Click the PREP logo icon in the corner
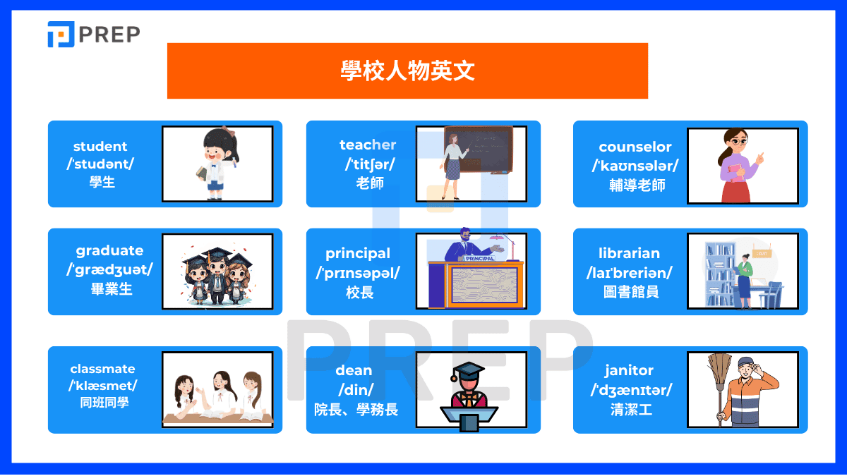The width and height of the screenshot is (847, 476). tap(61, 35)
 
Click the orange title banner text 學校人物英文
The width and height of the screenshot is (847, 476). tap(407, 71)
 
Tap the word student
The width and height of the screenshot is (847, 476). tap(100, 147)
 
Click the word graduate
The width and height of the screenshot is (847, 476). tap(109, 250)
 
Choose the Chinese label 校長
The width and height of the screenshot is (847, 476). tap(360, 292)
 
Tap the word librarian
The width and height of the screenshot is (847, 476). tap(629, 253)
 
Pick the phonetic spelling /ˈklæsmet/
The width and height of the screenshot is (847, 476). tap(103, 386)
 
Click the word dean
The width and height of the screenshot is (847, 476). tap(354, 370)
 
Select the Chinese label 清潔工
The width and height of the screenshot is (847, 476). tap(631, 409)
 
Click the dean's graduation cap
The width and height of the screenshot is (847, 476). tap(468, 371)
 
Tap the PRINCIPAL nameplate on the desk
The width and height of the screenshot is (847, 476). tap(480, 258)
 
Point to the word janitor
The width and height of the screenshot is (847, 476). tap(629, 370)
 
